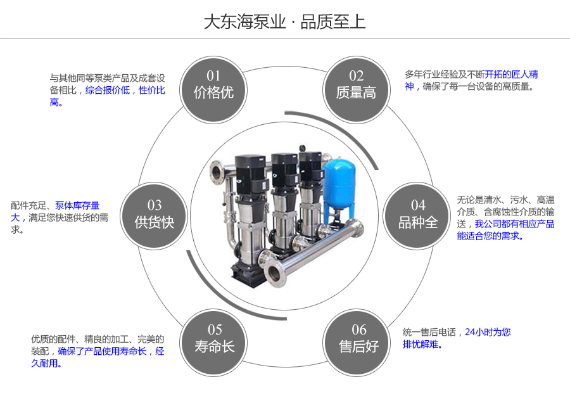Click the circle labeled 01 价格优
[x=213, y=85]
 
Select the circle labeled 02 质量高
[x=356, y=85]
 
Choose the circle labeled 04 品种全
[x=417, y=214]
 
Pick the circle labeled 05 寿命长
[x=214, y=338]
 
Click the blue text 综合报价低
[x=108, y=91]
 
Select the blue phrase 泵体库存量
[x=77, y=205]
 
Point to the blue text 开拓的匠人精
[x=512, y=74]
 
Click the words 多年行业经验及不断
[x=445, y=74]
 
